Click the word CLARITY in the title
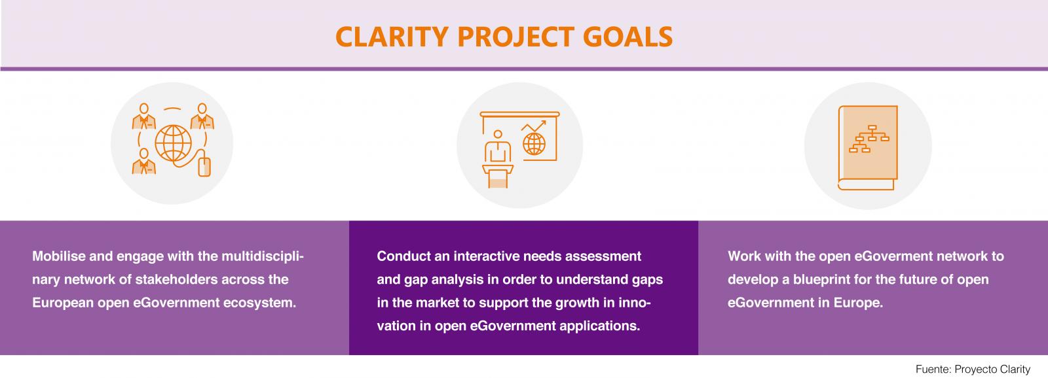pos(392,37)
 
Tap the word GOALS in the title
pos(628,37)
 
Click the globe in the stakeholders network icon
pos(173,143)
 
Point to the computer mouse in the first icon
pos(204,167)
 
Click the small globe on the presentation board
pos(534,144)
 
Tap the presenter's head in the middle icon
pos(498,135)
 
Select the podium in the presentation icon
pos(498,176)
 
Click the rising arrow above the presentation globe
pos(534,126)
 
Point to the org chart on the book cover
pos(869,139)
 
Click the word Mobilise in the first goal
pos(59,256)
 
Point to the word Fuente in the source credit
pos(933,369)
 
